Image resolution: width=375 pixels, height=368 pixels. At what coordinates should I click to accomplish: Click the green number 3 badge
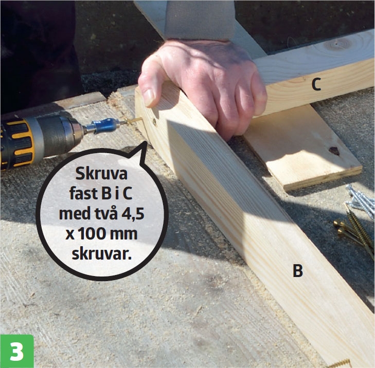click(x=17, y=351)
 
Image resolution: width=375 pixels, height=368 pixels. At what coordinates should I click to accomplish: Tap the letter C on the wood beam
click(x=316, y=84)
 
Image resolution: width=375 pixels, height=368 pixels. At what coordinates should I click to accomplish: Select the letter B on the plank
click(x=298, y=271)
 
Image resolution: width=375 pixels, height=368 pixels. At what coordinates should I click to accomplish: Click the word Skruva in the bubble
click(x=101, y=174)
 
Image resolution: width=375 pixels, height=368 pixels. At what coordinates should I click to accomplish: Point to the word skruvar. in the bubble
click(x=102, y=254)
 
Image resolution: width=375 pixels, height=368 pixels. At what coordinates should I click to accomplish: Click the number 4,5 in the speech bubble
click(x=133, y=214)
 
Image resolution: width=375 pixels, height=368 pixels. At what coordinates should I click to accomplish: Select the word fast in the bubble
click(x=84, y=194)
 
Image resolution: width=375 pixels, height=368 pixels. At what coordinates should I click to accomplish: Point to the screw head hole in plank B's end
click(x=154, y=122)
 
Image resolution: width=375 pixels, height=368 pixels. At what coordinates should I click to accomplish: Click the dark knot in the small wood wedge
click(x=334, y=151)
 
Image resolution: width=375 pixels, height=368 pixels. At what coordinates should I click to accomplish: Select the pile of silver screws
click(x=361, y=201)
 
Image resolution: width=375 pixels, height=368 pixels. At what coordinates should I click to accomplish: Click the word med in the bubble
click(x=74, y=214)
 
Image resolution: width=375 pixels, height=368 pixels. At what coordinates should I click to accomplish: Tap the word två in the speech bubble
click(x=105, y=213)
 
